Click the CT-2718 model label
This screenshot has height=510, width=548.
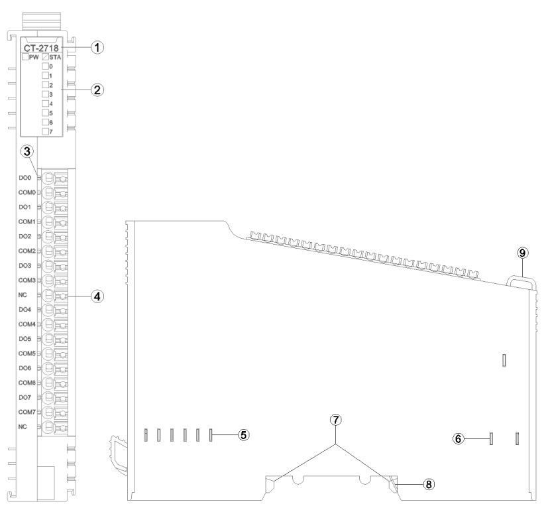41,48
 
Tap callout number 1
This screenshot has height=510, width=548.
97,47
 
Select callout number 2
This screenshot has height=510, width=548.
97,90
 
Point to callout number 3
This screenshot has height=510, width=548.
27,151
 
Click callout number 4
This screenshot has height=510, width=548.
97,296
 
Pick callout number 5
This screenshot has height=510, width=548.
243,435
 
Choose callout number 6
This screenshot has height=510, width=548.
459,438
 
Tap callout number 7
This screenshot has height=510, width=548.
335,420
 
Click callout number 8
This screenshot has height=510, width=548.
429,484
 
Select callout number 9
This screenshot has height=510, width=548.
522,253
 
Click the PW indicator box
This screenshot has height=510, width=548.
26,57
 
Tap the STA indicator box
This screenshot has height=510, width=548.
46,57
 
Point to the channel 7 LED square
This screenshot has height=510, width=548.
46,131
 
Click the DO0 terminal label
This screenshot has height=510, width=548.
25,178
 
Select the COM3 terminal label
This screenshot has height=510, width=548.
27,280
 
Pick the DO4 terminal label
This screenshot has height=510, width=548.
25,310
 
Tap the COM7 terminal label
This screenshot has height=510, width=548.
27,412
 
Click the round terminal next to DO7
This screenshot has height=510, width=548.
48,397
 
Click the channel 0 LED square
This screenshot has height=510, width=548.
46,66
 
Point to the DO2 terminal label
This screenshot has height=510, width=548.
25,237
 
